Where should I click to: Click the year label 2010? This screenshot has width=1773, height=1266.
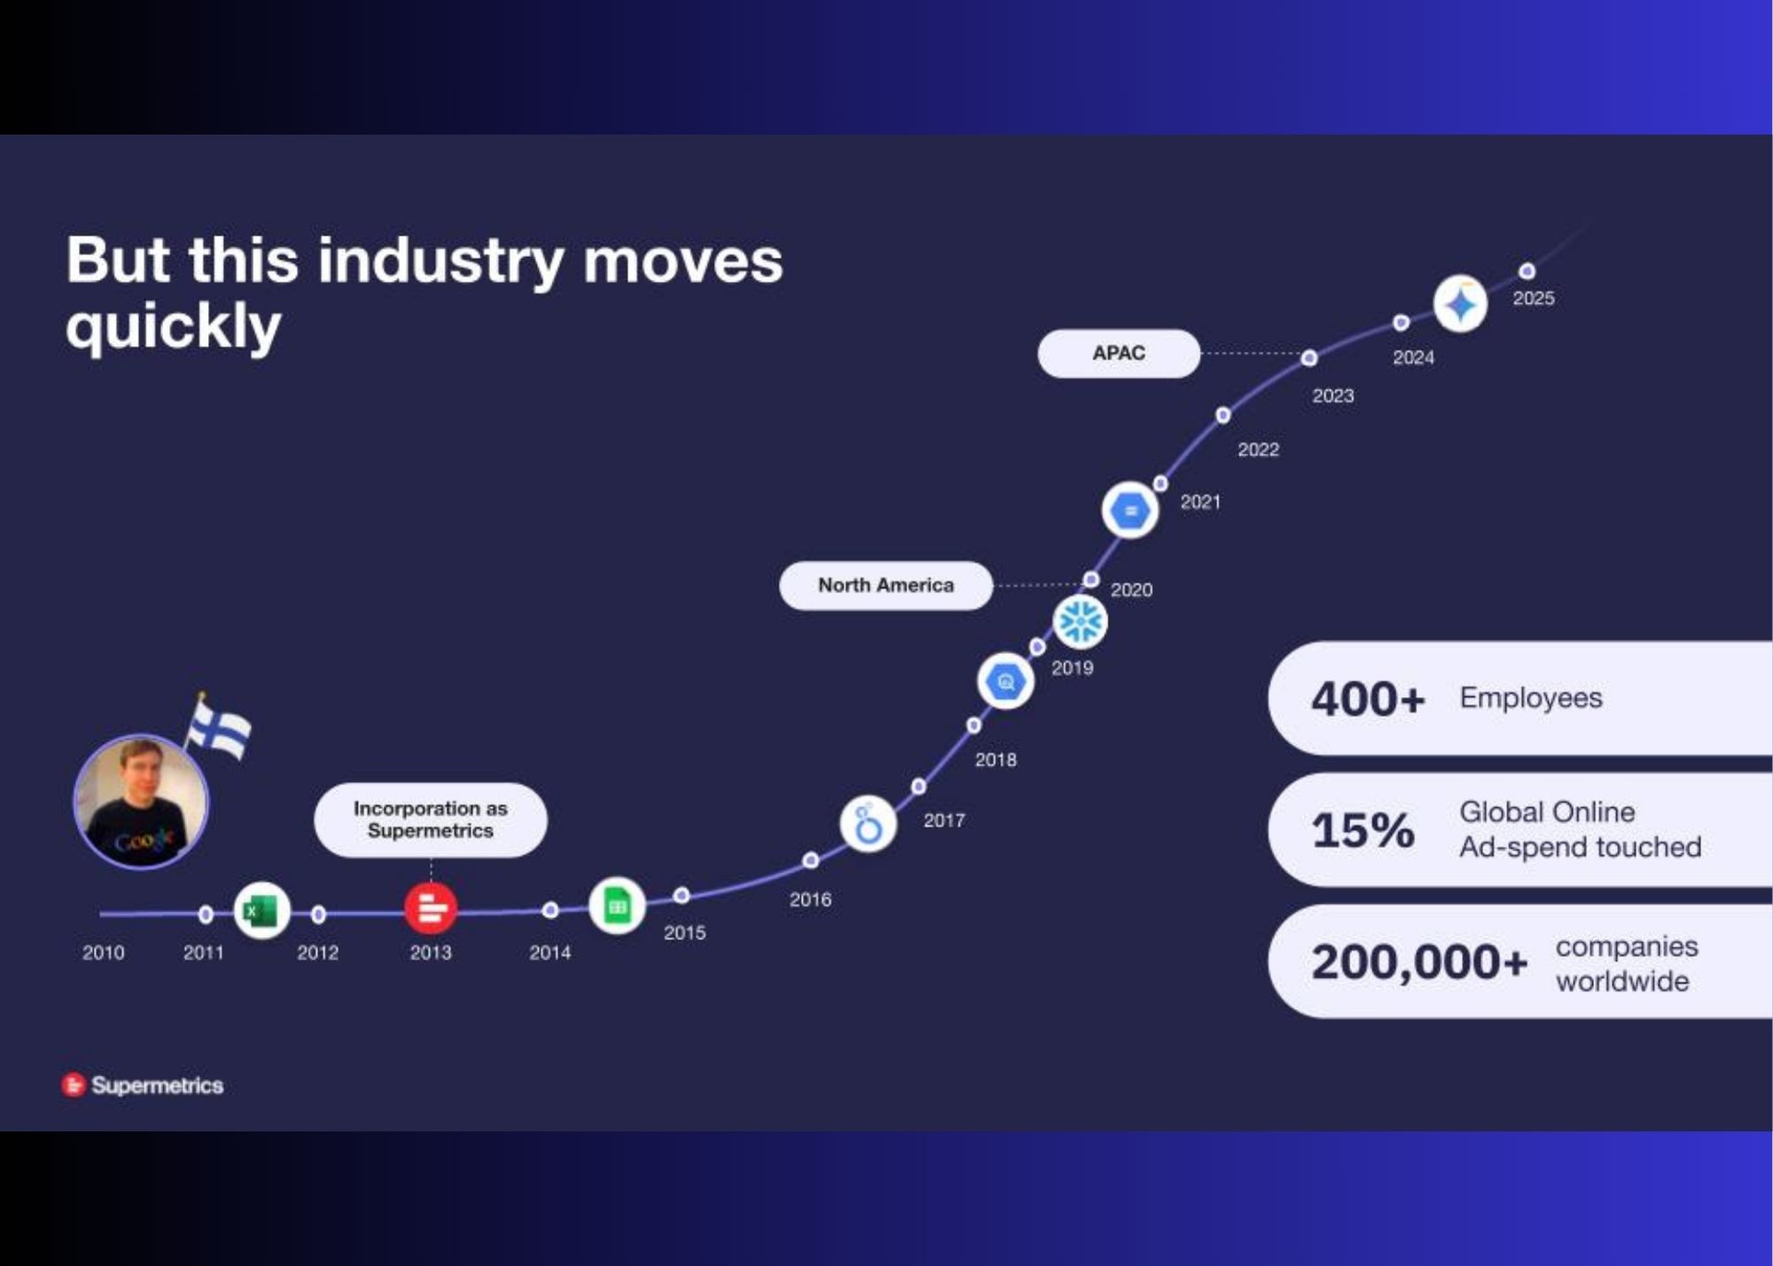pos(103,952)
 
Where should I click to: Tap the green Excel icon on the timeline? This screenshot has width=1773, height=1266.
pos(262,910)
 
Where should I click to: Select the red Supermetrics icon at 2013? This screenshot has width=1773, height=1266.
pos(431,909)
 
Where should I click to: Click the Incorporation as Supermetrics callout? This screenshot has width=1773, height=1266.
pos(431,820)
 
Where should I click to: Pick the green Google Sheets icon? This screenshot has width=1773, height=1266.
pos(617,906)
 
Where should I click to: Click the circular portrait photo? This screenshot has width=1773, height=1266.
pos(141,801)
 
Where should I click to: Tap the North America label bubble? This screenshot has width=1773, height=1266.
pos(886,585)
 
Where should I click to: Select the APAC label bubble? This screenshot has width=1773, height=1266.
pos(1119,353)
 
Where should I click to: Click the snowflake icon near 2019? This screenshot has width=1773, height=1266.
pos(1081,621)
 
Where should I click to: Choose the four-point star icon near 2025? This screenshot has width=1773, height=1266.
pos(1460,304)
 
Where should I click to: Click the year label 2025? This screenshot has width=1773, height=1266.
pos(1534,298)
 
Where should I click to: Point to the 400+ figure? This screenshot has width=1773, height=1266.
pos(1368,699)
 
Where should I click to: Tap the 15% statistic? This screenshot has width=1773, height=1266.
pos(1363,830)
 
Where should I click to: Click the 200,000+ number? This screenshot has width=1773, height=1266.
pos(1419,961)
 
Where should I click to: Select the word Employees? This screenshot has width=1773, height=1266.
pos(1531,698)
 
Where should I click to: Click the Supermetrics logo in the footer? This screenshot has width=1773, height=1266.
pos(143,1085)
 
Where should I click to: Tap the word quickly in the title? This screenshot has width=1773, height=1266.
pos(174,327)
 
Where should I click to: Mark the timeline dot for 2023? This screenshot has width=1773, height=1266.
pos(1309,358)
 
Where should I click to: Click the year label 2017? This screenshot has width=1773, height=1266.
pos(944,820)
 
